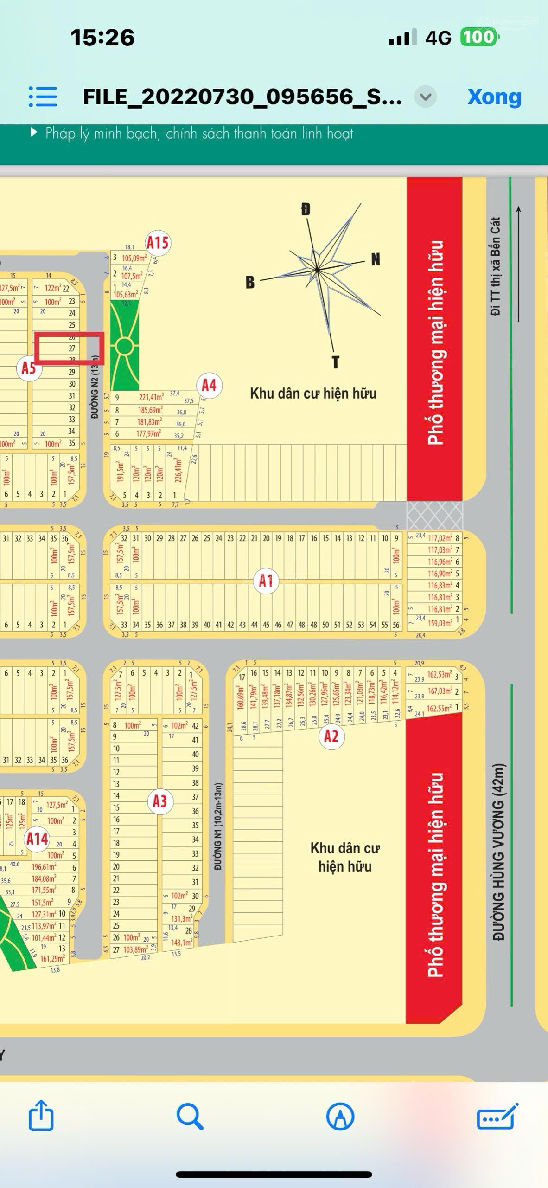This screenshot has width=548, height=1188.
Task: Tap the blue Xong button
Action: pyautogui.click(x=494, y=97)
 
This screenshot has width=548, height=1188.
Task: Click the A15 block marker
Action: pyautogui.click(x=157, y=243)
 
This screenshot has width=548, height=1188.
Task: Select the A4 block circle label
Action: pyautogui.click(x=209, y=385)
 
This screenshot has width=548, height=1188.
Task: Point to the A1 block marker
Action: pyautogui.click(x=266, y=580)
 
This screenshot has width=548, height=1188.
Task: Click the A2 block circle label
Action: pyautogui.click(x=331, y=736)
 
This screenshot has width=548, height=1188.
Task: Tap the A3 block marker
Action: pyautogui.click(x=159, y=801)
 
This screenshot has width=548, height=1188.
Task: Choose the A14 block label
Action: pyautogui.click(x=37, y=839)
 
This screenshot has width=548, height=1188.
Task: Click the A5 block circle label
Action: pyautogui.click(x=29, y=368)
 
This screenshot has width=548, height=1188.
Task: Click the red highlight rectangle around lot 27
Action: pyautogui.click(x=69, y=348)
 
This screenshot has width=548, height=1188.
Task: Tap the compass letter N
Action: pyautogui.click(x=376, y=259)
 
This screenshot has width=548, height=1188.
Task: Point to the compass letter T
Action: pyautogui.click(x=336, y=362)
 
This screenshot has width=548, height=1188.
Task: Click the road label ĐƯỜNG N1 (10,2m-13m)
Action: pyautogui.click(x=218, y=826)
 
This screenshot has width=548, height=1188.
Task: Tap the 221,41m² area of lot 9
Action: pyautogui.click(x=151, y=397)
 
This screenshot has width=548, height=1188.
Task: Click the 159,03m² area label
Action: pyautogui.click(x=439, y=623)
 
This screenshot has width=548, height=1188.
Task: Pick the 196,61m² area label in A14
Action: pyautogui.click(x=44, y=867)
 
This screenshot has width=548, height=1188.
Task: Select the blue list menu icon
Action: pyautogui.click(x=43, y=97)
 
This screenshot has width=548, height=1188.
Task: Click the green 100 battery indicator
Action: pyautogui.click(x=479, y=37)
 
